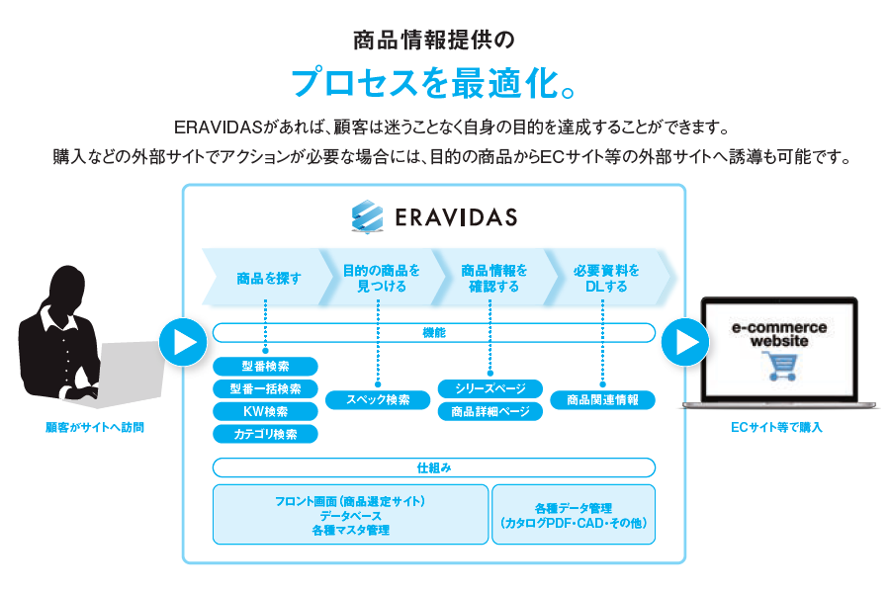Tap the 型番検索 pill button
266,367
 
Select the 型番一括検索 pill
266,389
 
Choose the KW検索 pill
266,412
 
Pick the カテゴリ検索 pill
266,434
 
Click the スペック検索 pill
378,400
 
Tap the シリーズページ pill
490,389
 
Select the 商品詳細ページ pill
490,411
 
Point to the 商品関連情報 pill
602,400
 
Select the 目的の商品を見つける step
381,278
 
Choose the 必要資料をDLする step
606,278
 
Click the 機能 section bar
434,333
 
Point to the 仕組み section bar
434,467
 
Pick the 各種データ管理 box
574,515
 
